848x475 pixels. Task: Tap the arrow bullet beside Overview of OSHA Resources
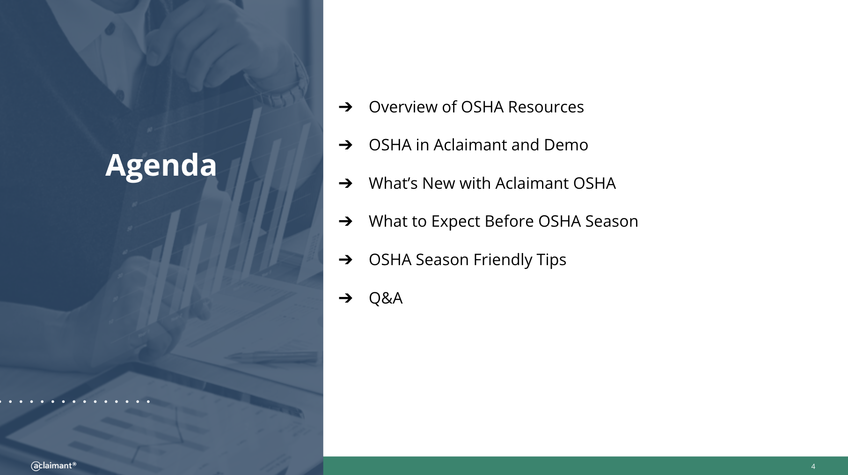[x=345, y=107]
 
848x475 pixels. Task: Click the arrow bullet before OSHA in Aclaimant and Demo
[x=345, y=145]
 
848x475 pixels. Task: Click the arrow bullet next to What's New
[x=345, y=183]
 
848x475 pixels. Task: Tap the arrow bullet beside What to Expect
[x=345, y=221]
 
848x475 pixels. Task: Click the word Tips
[x=551, y=260]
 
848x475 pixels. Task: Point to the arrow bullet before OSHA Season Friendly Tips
[x=345, y=260]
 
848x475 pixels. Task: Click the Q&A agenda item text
[x=386, y=298]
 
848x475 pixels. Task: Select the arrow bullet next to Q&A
[x=345, y=298]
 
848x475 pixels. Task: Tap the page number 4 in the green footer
[x=813, y=467]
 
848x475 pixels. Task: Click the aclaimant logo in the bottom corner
[x=53, y=466]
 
